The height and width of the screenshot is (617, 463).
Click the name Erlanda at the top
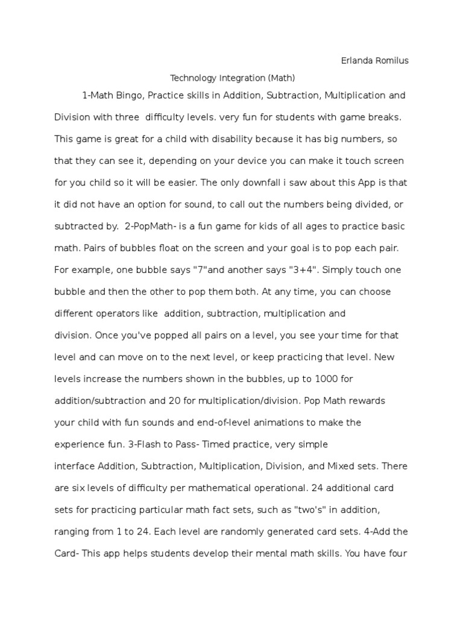click(356, 61)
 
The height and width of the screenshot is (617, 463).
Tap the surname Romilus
click(391, 61)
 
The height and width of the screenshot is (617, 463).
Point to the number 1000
click(328, 379)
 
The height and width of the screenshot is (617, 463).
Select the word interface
click(75, 466)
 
